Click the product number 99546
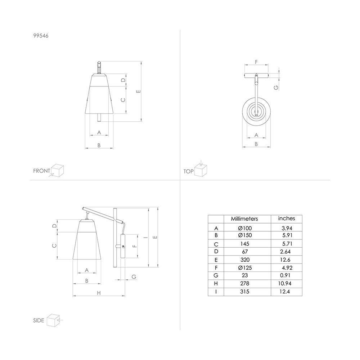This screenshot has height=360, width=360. coord(41,36)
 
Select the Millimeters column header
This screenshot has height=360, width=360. coord(244,219)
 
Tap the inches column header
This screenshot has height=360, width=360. coord(286,219)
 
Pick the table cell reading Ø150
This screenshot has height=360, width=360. coord(245,235)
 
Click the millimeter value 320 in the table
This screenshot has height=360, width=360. coord(245,260)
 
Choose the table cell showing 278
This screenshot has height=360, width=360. coord(245,284)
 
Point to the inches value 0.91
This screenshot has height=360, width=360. coord(285,275)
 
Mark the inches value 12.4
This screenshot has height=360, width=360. coord(284,292)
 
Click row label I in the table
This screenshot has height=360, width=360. coord(216,292)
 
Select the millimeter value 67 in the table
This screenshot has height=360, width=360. coord(245,252)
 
